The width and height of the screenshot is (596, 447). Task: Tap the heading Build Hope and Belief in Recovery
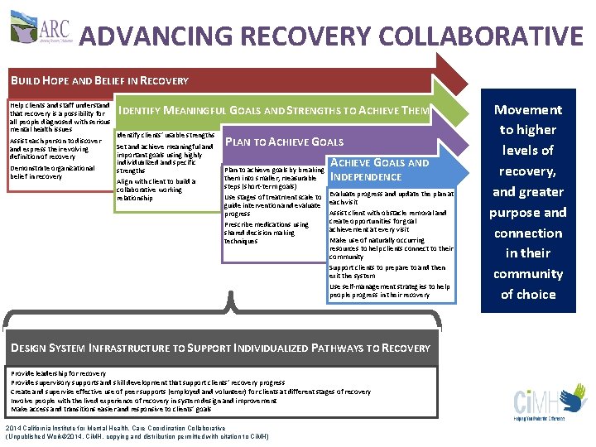(x=99, y=81)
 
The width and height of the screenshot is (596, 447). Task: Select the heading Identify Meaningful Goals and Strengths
(x=274, y=111)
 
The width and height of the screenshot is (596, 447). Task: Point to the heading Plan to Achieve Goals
(x=284, y=142)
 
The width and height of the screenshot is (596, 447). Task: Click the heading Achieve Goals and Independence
(x=379, y=170)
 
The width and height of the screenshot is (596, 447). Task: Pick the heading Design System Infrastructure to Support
(x=220, y=348)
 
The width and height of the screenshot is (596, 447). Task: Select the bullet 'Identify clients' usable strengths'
(x=166, y=134)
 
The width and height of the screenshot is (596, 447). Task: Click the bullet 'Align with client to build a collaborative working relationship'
(x=156, y=190)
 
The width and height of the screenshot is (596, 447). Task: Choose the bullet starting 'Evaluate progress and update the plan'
(x=392, y=198)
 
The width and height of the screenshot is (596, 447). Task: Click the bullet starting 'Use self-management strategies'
(x=389, y=291)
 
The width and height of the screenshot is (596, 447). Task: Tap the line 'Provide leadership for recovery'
(x=58, y=373)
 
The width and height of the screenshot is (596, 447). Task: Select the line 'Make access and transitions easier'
(x=111, y=410)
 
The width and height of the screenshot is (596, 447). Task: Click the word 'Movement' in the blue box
(x=528, y=109)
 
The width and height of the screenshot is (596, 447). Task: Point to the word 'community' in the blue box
(x=528, y=273)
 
